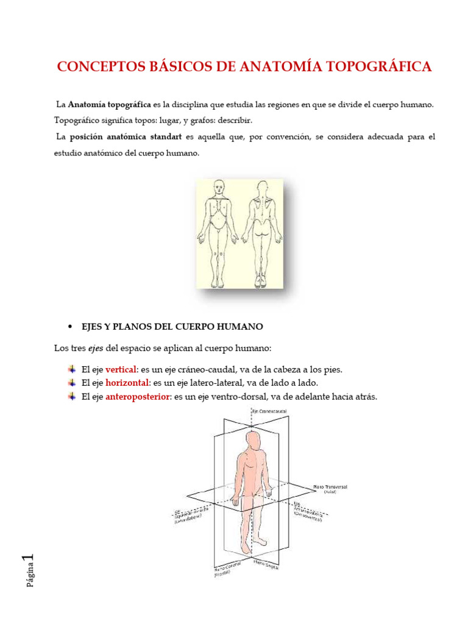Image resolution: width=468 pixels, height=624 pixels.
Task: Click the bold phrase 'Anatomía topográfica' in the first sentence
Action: coord(110,105)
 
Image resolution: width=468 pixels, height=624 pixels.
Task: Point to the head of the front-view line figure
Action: coord(218,189)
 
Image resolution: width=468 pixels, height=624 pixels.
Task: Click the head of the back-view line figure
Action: coord(262,189)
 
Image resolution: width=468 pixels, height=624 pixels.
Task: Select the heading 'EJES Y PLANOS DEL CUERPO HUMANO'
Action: coord(172,327)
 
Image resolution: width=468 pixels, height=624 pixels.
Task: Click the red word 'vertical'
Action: coord(122,369)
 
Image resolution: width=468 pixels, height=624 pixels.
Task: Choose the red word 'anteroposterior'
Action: coord(138,397)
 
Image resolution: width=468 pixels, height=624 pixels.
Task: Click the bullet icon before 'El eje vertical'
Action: coord(71,369)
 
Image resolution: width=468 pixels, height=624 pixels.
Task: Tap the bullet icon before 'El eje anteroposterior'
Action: coord(71,397)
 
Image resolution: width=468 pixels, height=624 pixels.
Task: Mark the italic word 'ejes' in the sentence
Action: coord(94,348)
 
